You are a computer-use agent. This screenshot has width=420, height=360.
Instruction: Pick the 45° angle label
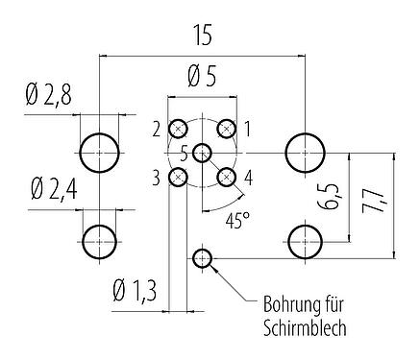coord(236,219)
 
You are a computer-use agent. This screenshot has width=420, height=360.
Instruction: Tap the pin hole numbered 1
coord(227,129)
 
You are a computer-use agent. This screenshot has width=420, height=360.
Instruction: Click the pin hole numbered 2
coord(179,129)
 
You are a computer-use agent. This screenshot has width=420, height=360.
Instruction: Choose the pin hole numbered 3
coord(179,177)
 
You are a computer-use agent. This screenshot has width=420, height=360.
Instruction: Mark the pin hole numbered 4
coord(227,177)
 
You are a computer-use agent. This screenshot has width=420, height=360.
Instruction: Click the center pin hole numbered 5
coord(203,153)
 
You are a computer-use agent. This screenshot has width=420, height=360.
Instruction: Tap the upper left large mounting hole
coord(100,151)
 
